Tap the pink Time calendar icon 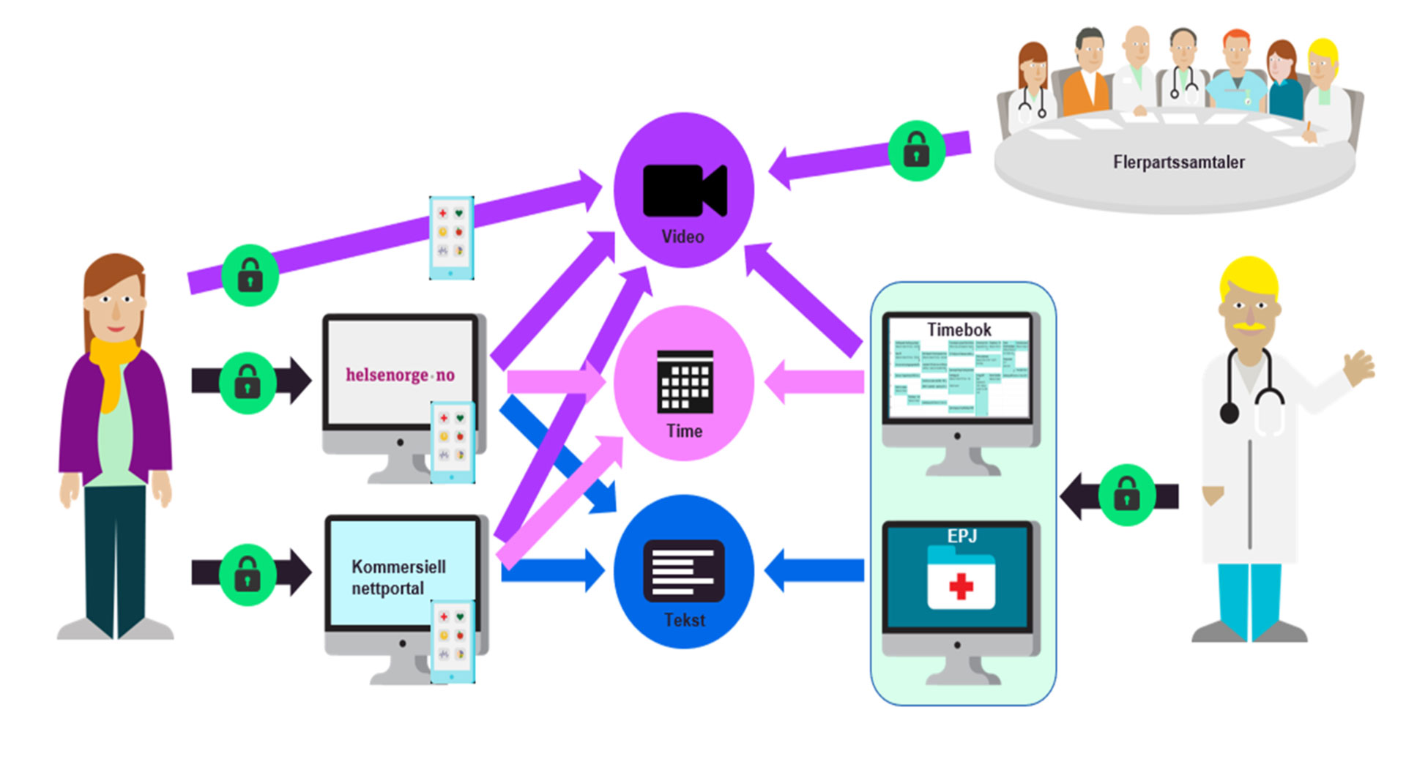(685, 381)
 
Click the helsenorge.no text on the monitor (400, 375)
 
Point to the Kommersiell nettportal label (398, 577)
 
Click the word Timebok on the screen (959, 329)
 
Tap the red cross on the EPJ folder (961, 586)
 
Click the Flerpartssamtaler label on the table (1178, 162)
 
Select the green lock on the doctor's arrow (1126, 496)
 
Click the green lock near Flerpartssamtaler (916, 151)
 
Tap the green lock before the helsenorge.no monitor (248, 382)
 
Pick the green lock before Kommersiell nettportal (248, 574)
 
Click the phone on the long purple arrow (451, 237)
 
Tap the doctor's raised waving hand (1358, 367)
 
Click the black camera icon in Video (684, 190)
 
